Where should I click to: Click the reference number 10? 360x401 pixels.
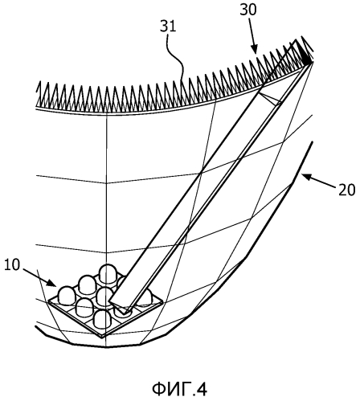(12, 265)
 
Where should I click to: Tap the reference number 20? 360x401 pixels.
(346, 190)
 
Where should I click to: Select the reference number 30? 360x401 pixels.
(248, 10)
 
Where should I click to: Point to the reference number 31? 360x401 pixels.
(168, 27)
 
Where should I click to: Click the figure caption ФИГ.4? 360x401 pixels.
(180, 389)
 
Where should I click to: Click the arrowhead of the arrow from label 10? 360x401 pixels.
(53, 283)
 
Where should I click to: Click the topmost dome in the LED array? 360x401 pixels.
(108, 273)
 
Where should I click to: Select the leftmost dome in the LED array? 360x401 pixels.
(67, 296)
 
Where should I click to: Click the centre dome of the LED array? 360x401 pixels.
(104, 296)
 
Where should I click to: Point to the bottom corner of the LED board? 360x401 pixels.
(102, 338)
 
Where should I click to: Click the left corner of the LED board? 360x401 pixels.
(48, 302)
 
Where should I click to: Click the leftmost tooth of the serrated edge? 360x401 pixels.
(39, 92)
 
